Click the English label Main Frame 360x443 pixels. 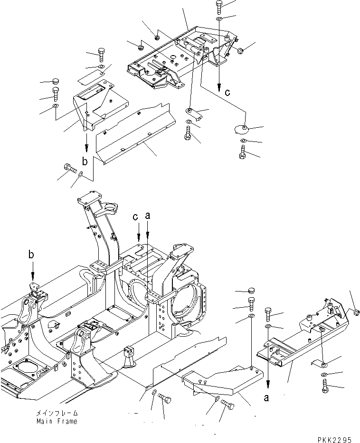(57, 422)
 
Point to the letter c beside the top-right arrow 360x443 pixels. (228, 93)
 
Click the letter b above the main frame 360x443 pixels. (31, 255)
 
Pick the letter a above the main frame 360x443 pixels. (148, 216)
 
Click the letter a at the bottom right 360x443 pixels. (267, 398)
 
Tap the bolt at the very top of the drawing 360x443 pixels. (219, 6)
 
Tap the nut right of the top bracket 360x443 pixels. (240, 51)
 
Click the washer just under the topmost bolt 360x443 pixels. (219, 19)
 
